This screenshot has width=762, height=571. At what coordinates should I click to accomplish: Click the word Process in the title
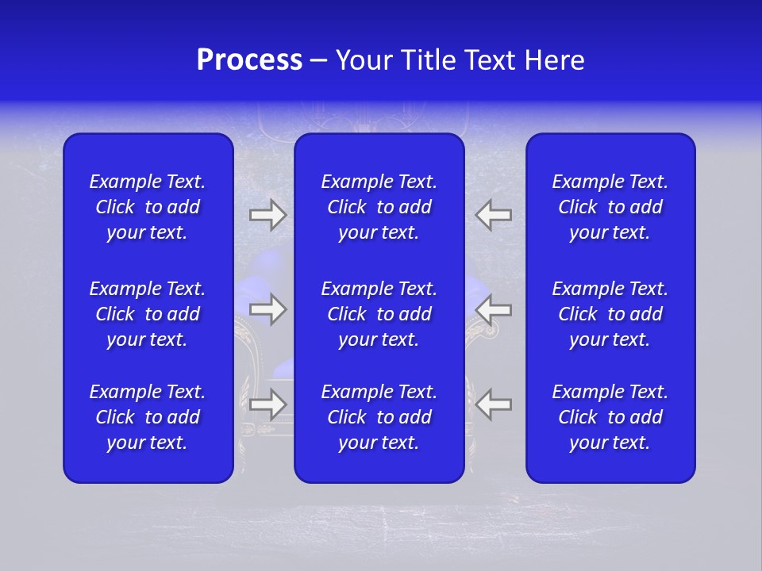(249, 60)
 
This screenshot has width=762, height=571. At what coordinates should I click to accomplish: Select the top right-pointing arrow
(268, 215)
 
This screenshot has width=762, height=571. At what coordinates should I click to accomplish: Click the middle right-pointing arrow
(268, 308)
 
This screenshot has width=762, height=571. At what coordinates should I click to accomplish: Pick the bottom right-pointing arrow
(268, 404)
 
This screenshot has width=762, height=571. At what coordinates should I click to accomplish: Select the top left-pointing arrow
(494, 215)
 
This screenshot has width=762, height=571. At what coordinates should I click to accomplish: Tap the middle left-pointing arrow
(494, 308)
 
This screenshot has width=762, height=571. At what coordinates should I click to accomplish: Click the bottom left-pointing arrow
(494, 404)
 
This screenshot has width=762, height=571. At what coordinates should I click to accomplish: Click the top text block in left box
(148, 207)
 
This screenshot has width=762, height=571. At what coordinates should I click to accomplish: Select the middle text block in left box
(148, 314)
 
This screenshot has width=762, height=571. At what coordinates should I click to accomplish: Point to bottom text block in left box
(148, 417)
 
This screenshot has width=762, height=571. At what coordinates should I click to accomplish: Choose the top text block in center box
(379, 207)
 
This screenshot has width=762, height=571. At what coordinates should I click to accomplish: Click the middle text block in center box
(379, 314)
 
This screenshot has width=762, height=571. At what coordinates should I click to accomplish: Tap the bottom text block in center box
(379, 417)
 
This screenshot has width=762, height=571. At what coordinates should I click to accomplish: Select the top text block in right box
(610, 207)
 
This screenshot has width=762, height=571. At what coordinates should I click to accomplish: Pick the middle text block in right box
(610, 314)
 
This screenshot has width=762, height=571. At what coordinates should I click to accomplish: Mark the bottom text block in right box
(610, 417)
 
